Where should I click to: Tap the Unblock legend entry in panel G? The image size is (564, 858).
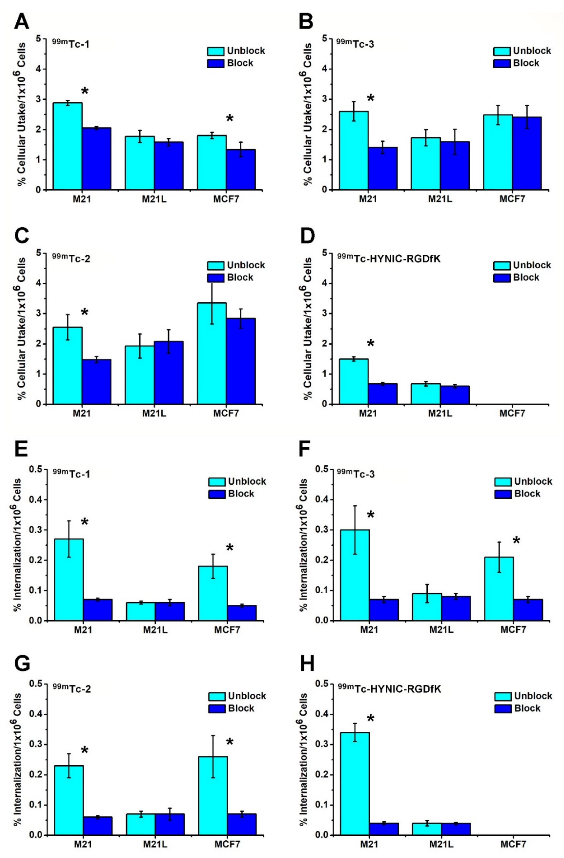pos(237,696)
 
